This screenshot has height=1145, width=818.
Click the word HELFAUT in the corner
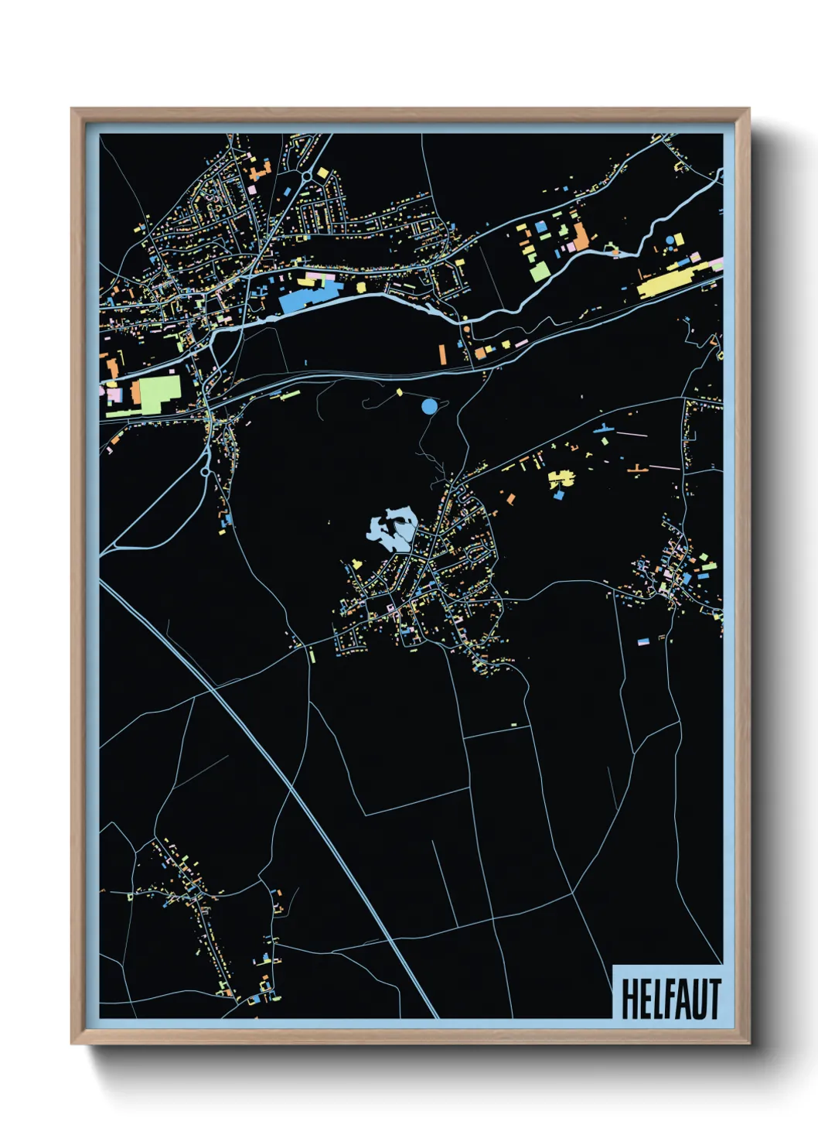(x=670, y=999)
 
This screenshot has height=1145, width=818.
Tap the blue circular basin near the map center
(x=429, y=405)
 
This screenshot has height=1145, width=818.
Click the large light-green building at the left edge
(x=159, y=395)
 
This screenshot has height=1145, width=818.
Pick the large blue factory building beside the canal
(x=309, y=296)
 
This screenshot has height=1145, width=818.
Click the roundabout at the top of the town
(x=307, y=176)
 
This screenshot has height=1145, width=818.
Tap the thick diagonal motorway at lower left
(x=271, y=766)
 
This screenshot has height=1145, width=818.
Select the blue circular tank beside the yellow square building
(x=669, y=241)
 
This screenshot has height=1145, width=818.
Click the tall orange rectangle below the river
(x=443, y=354)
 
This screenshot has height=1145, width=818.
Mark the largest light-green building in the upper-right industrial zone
(x=540, y=271)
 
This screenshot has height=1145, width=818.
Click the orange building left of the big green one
(x=135, y=391)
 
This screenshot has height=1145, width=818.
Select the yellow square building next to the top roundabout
(x=321, y=172)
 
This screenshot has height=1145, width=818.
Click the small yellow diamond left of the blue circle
(x=399, y=392)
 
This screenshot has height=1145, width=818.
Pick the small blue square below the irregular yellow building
(x=558, y=495)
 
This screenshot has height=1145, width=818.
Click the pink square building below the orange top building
(x=253, y=188)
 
